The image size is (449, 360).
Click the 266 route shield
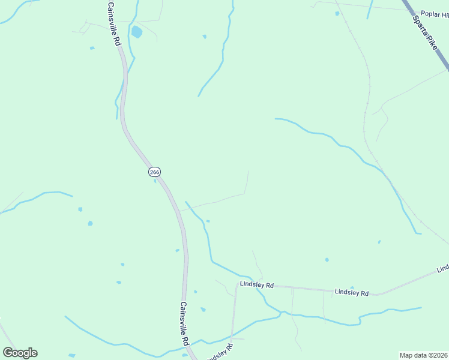(x=154, y=172)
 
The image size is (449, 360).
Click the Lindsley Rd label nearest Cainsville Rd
(x=256, y=285)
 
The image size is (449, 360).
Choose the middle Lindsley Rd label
(x=351, y=292)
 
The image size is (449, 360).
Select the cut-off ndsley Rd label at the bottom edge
(x=220, y=353)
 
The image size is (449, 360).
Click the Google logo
(x=20, y=353)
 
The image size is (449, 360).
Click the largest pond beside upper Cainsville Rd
(x=137, y=32)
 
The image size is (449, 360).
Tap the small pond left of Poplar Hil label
(x=337, y=13)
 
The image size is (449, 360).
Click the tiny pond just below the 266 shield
(x=155, y=181)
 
